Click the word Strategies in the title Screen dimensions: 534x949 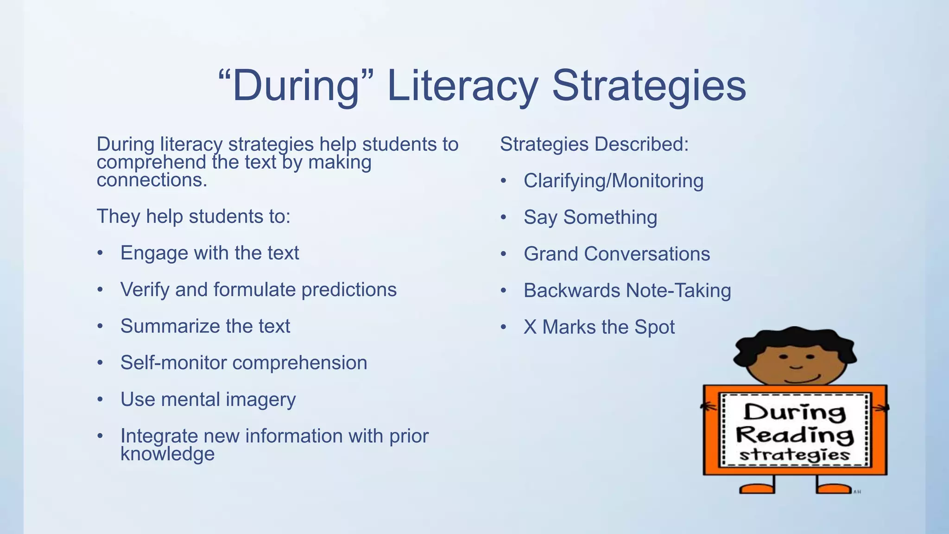tap(649, 86)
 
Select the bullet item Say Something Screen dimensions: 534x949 tap(590, 217)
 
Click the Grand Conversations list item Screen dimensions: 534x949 tap(616, 254)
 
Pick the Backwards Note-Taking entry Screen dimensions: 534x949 tap(627, 291)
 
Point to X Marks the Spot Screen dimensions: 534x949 tap(599, 327)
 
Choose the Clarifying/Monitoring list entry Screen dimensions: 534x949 tap(613, 181)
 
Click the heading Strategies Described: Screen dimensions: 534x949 tap(594, 144)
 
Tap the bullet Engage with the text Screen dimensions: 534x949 tap(209, 253)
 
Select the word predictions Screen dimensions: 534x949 tap(349, 290)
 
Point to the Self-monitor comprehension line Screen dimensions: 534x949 tap(243, 363)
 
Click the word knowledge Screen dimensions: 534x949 tap(167, 454)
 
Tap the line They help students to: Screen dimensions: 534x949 tap(193, 216)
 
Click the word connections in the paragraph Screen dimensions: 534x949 tap(152, 180)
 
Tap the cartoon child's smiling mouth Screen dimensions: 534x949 tap(803, 379)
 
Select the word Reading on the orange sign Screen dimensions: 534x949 tap(794, 435)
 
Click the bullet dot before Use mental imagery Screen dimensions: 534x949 tap(100, 400)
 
